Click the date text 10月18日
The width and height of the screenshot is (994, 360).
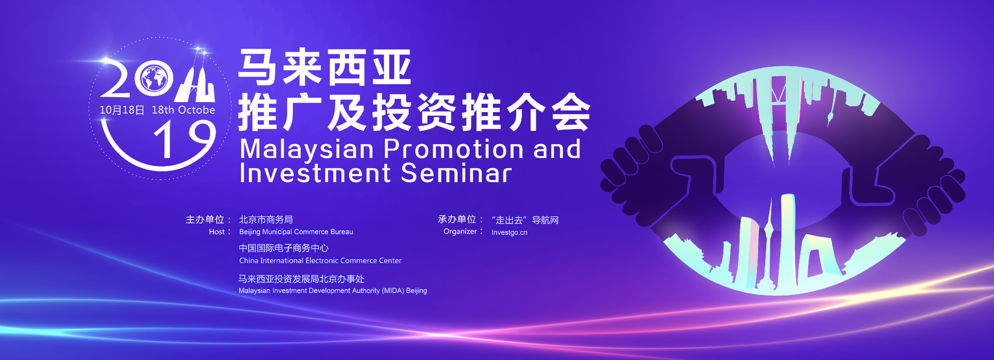pyautogui.click(x=122, y=110)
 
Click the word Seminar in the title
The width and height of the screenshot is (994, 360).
pyautogui.click(x=456, y=173)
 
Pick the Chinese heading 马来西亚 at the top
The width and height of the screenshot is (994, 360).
pyautogui.click(x=325, y=67)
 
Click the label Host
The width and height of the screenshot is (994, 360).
pyautogui.click(x=217, y=232)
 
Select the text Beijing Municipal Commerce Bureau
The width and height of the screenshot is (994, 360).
pyautogui.click(x=296, y=232)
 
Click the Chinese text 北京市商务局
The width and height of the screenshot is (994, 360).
pyautogui.click(x=266, y=219)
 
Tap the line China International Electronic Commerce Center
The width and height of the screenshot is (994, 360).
pyautogui.click(x=320, y=260)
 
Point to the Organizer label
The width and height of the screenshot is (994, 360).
pyautogui.click(x=460, y=231)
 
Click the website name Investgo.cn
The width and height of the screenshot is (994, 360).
pyautogui.click(x=509, y=232)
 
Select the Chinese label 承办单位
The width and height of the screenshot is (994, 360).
pyautogui.click(x=457, y=219)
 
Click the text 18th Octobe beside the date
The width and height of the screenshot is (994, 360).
pyautogui.click(x=184, y=110)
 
